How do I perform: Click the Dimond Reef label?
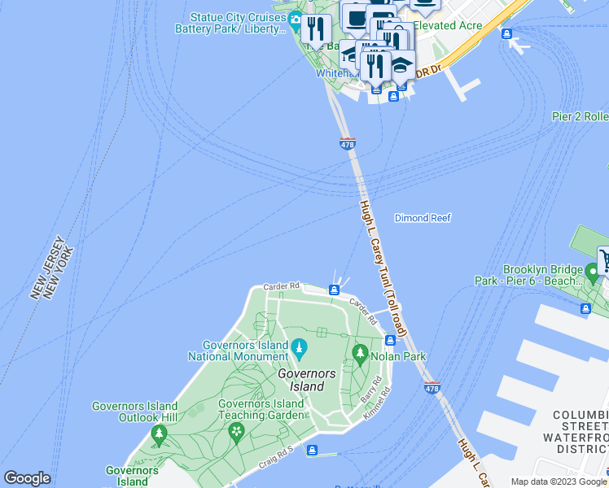tap(422, 218)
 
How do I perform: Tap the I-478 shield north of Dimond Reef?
tap(348, 144)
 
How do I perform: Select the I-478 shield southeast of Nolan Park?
tap(432, 389)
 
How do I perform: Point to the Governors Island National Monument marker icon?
tap(299, 348)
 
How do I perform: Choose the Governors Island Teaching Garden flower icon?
tap(237, 430)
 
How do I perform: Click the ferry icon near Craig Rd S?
tap(312, 451)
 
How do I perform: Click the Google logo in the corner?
tap(27, 478)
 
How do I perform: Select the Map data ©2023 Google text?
tap(558, 481)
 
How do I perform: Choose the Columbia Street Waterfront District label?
tap(581, 432)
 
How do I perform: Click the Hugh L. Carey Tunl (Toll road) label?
tap(383, 269)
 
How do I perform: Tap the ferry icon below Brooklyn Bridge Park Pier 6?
tap(585, 308)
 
